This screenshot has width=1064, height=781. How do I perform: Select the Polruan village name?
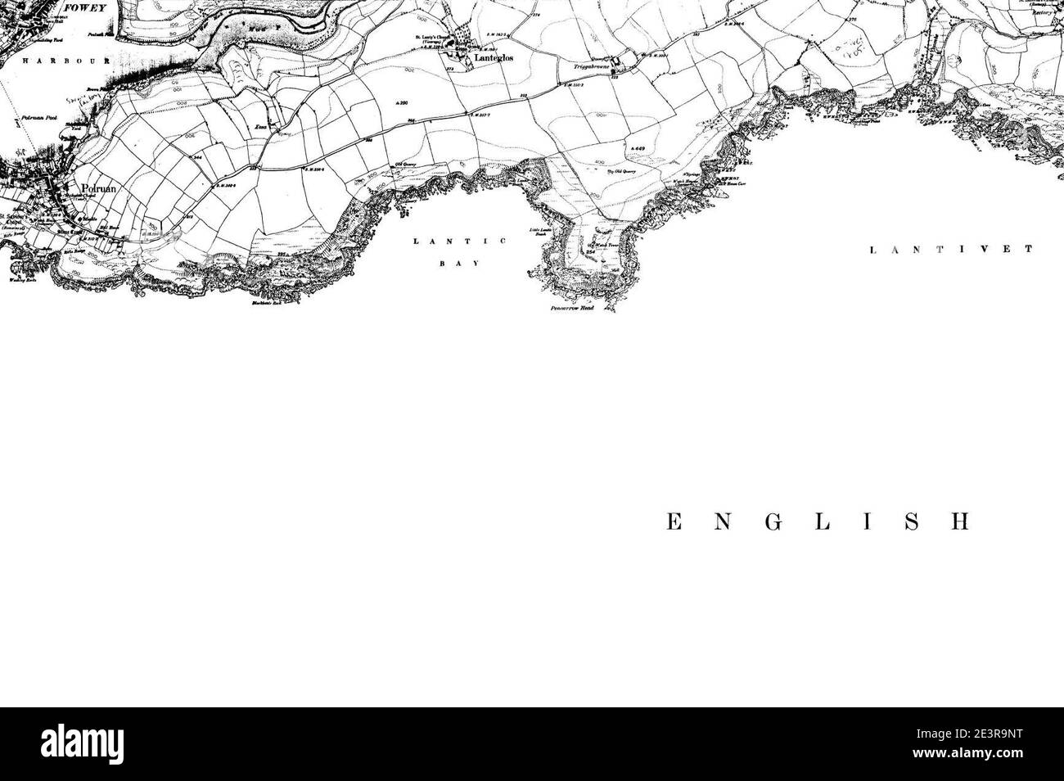(91, 189)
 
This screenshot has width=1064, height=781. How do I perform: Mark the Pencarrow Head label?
(571, 312)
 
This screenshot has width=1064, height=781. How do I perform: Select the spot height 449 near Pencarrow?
(639, 148)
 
